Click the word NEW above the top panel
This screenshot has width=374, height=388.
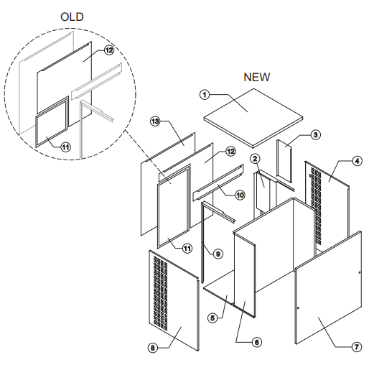(x=258, y=77)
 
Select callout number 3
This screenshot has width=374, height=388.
(x=315, y=134)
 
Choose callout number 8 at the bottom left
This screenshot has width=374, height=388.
(x=152, y=348)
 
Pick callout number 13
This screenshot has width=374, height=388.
(x=154, y=121)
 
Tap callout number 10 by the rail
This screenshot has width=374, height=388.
(x=240, y=194)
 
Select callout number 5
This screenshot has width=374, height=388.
(x=212, y=317)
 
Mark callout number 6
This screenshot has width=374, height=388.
(x=256, y=342)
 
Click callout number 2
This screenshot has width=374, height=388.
(x=254, y=158)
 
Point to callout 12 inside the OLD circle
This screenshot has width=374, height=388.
(x=109, y=50)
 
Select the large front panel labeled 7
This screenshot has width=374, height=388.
(x=327, y=295)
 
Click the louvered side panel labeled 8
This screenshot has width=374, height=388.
(x=174, y=302)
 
